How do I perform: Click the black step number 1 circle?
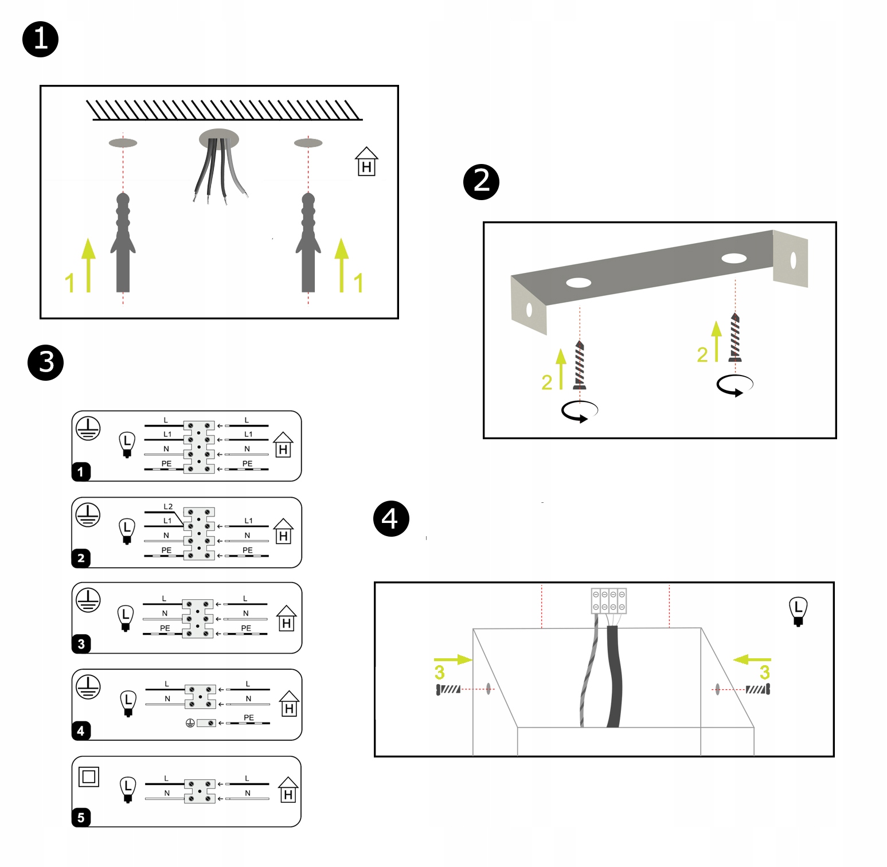(x=41, y=40)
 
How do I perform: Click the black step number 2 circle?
(x=481, y=182)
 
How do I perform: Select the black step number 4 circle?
(x=391, y=518)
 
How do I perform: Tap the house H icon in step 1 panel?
(x=366, y=162)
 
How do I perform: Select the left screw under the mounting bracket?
(x=580, y=365)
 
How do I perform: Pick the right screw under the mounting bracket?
(x=735, y=338)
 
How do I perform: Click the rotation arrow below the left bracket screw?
(x=580, y=411)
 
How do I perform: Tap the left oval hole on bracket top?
(x=579, y=283)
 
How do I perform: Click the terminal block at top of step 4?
(x=609, y=601)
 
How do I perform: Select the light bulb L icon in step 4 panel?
(x=798, y=611)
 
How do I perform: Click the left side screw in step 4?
(x=448, y=689)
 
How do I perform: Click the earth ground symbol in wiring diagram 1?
(x=88, y=428)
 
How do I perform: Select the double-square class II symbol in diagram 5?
(x=89, y=776)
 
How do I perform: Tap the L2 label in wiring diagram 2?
(x=168, y=506)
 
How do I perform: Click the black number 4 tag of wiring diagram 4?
(x=81, y=731)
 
